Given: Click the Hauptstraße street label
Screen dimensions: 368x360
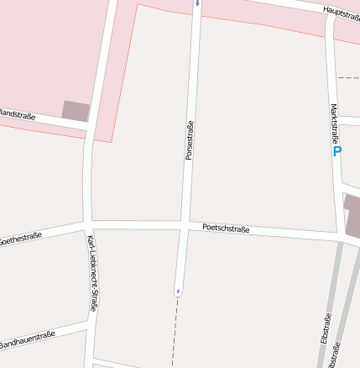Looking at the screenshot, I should point(341,12).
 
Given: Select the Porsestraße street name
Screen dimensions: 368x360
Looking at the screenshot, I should point(190,140).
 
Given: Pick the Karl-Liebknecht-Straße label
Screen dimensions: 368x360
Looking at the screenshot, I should point(92,272).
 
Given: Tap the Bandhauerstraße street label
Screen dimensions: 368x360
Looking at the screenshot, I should point(27,339).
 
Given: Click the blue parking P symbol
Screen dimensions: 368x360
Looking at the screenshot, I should point(337,152).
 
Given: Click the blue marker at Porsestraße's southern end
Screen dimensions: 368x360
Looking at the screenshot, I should point(178,292).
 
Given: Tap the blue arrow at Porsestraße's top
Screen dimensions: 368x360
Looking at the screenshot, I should point(197,3).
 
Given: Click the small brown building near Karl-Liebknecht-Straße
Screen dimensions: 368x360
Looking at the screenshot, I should point(76,110).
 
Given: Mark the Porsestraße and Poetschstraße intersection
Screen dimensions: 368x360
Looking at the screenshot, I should point(182,225).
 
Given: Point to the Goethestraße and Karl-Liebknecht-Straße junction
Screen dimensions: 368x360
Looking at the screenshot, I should point(87,225).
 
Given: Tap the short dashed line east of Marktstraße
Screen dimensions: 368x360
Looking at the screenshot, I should point(348,77).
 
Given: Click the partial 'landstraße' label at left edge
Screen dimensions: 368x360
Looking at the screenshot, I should point(18,115).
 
